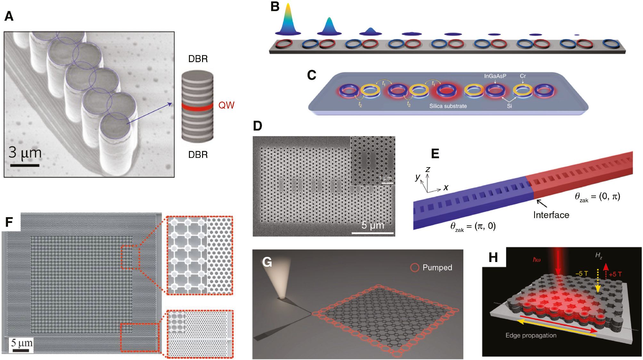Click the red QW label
[x=226, y=105]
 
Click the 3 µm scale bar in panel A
[x=25, y=165]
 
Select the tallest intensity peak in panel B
[x=288, y=19]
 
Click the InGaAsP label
[x=495, y=76]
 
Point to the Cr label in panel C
[x=523, y=76]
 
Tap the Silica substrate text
[x=448, y=106]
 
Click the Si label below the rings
[x=509, y=106]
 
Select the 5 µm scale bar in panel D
[x=372, y=233]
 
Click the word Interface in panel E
[x=551, y=215]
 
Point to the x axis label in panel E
[x=446, y=188]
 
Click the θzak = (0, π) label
[x=598, y=197]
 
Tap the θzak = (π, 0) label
[x=473, y=226]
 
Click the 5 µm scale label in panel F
[x=22, y=343]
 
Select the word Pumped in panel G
[x=437, y=267]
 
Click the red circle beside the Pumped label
[x=415, y=268]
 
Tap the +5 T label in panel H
[x=615, y=274]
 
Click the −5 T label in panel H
[x=582, y=274]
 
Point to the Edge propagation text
[x=531, y=335]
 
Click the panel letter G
[x=267, y=262]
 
